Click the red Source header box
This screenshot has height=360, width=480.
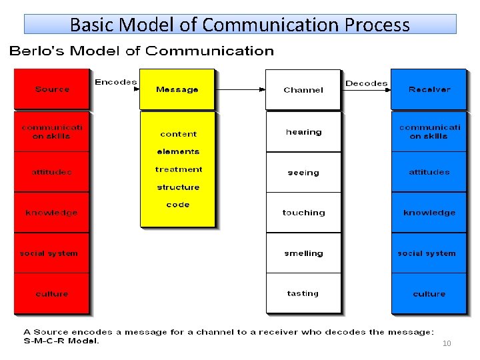point(52,89)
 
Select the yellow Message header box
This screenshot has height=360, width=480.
point(177,89)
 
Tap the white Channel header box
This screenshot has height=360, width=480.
point(303,90)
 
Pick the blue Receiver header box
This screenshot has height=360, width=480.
point(429,89)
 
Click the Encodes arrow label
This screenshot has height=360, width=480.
point(115,82)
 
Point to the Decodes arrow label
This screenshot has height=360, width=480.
point(366,83)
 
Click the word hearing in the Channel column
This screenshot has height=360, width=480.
point(303,132)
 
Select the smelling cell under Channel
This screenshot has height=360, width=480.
point(303,253)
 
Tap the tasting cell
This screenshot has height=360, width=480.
point(303,293)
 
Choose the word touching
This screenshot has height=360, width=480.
point(303,213)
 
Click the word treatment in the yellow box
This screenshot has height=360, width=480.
point(178,169)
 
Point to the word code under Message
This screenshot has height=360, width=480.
point(178,205)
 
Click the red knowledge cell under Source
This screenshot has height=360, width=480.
point(51,213)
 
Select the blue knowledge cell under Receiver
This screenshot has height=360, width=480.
point(429,213)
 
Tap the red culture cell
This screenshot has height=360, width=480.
point(51,294)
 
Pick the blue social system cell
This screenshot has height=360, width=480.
point(427,253)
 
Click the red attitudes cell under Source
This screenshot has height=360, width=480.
point(51,172)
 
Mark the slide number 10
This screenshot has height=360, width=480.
point(447,343)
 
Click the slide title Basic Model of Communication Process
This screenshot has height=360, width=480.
point(240,25)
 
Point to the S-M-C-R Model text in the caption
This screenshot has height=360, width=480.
point(61,341)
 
